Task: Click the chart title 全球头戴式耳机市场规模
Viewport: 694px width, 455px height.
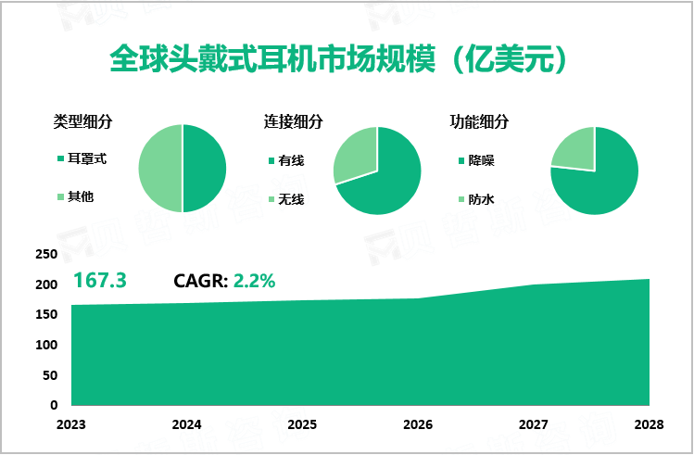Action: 339,60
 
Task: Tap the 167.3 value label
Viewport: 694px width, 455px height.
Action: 99,280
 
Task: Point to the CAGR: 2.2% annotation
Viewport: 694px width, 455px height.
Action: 224,281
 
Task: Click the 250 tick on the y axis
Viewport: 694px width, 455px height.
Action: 46,254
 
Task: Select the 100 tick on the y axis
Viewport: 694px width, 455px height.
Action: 46,345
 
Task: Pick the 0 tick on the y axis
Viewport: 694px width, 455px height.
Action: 54,405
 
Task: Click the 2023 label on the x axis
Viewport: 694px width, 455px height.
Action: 71,424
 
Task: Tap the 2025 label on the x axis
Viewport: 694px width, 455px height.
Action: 303,424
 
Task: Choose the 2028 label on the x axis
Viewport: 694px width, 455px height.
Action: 649,424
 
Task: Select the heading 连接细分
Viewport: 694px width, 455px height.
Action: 294,121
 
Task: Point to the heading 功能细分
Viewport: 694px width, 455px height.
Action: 479,121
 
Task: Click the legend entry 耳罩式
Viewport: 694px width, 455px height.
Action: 87,159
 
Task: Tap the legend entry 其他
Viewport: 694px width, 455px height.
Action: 81,196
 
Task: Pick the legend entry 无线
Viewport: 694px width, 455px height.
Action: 291,198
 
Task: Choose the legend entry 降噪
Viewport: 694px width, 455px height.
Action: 481,159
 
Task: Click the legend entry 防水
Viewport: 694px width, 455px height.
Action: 481,198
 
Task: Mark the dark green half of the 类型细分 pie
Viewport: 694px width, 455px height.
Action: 204,169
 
